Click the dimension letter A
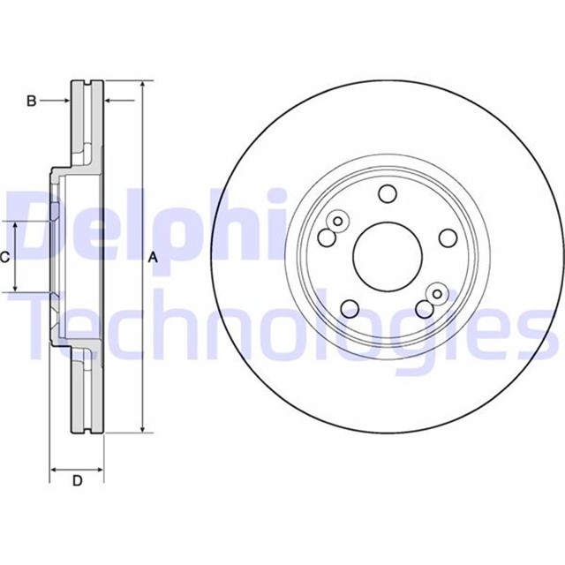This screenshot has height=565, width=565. pyautogui.click(x=152, y=258)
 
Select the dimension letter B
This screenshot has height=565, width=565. pyautogui.click(x=31, y=102)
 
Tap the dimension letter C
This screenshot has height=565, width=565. pyautogui.click(x=5, y=258)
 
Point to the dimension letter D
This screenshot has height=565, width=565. pyautogui.click(x=77, y=481)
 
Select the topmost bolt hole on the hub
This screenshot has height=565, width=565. pyautogui.click(x=387, y=194)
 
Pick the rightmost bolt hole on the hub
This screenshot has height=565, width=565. pyautogui.click(x=447, y=237)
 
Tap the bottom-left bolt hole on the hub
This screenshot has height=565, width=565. pyautogui.click(x=350, y=308)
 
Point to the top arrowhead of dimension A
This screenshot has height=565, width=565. pyautogui.click(x=141, y=86)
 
